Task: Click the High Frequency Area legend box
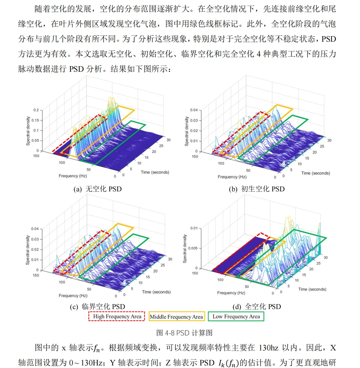coord(116,316)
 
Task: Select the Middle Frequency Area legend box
coord(176,316)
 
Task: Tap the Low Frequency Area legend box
coord(236,316)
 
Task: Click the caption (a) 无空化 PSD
coord(97,189)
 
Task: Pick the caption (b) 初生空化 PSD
coord(257,189)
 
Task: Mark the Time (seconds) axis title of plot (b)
coord(315,173)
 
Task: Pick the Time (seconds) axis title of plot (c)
coord(156,292)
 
